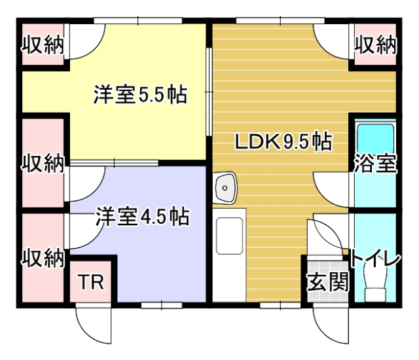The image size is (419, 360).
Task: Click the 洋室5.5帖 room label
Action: pyautogui.click(x=139, y=96)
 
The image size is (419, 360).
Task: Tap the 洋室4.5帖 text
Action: pyautogui.click(x=142, y=216)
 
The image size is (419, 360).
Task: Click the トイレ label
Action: pyautogui.click(x=375, y=259)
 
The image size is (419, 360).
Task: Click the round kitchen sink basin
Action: pyautogui.click(x=225, y=187)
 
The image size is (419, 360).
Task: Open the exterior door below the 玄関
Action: pyautogui.click(x=327, y=321)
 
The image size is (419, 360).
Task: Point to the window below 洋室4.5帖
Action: pyautogui.click(x=161, y=304)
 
